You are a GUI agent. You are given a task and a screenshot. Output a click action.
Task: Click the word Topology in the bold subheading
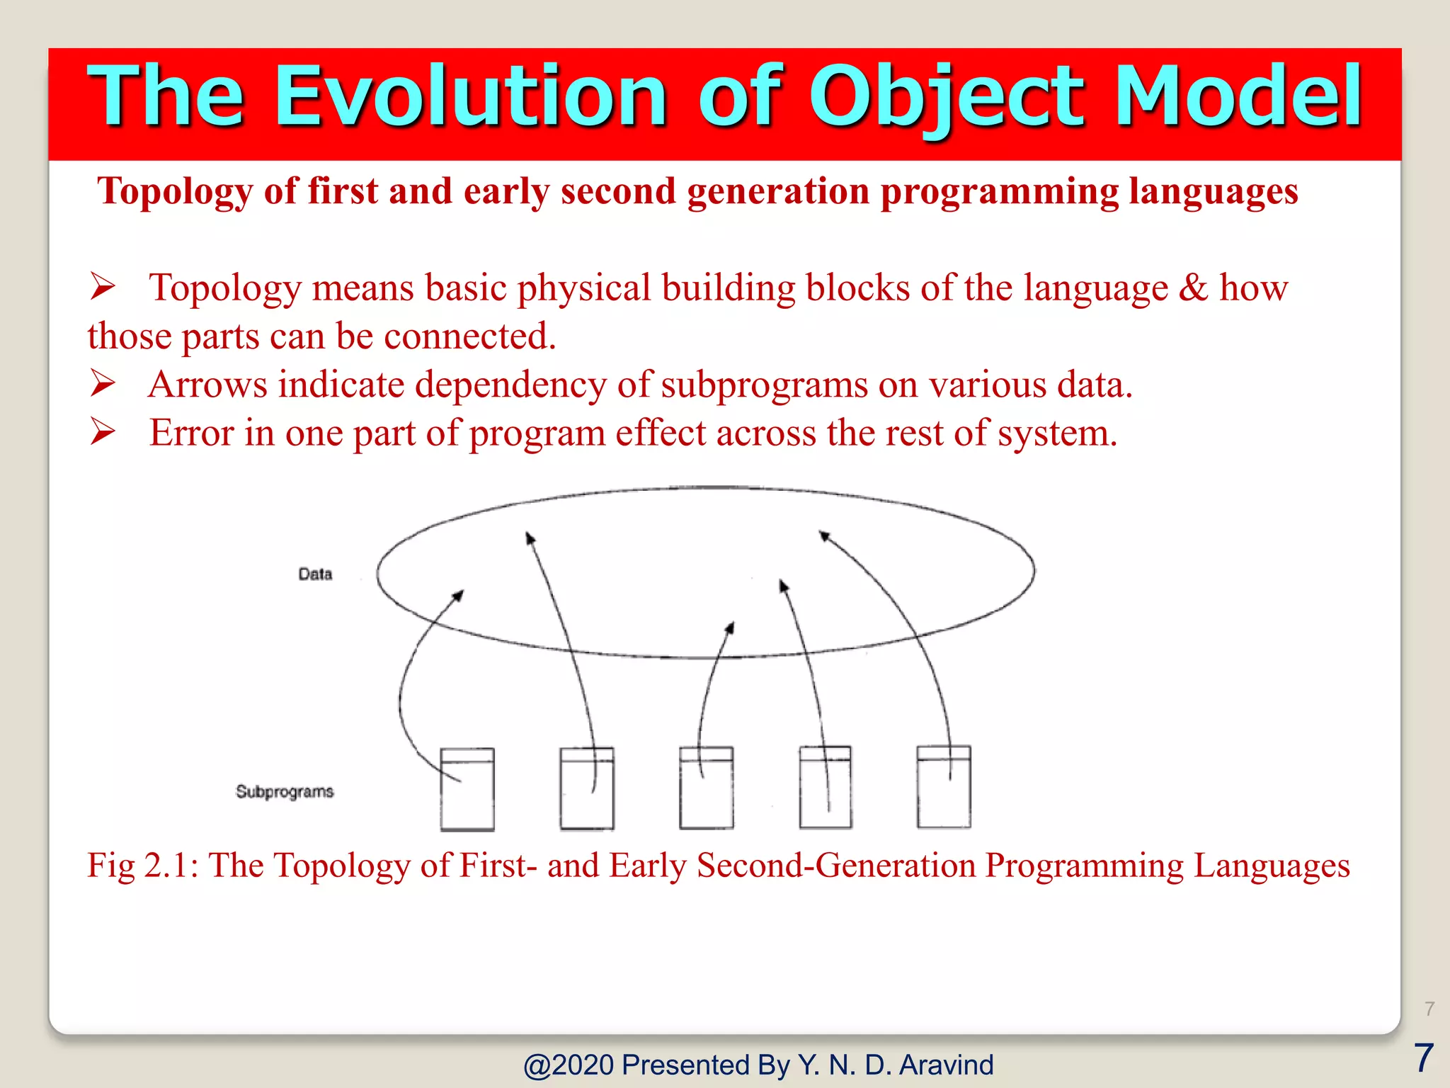point(175,191)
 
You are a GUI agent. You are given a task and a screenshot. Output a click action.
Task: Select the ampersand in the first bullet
point(1194,288)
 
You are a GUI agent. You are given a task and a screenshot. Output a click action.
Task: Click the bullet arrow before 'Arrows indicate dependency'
point(103,383)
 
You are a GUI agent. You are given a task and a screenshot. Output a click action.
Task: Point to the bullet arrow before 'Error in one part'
point(103,431)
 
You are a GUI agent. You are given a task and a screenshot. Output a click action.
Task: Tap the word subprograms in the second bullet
point(764,385)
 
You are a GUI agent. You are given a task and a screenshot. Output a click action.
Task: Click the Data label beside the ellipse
point(315,574)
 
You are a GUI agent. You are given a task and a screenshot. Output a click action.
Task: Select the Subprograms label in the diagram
point(285,791)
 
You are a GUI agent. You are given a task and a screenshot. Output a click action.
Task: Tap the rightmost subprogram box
point(944,786)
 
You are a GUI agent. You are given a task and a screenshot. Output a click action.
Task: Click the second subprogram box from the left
point(587,788)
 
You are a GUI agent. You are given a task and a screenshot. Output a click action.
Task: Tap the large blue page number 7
point(1423,1058)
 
